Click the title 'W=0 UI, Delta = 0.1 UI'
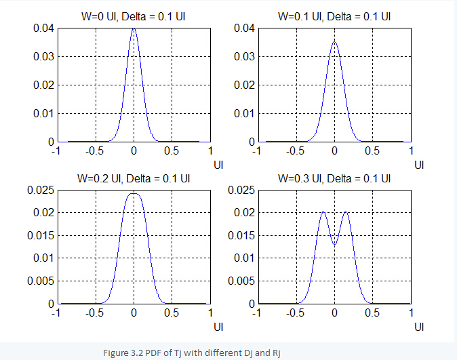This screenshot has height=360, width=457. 134,17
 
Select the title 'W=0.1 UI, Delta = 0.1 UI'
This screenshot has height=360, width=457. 334,17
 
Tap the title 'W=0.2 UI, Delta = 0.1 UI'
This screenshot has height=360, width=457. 134,179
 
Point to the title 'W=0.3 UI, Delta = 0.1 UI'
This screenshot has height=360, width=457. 334,179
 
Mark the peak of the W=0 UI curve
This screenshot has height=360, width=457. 134,29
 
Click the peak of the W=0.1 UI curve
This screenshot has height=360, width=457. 334,42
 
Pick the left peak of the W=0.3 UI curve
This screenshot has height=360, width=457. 323,213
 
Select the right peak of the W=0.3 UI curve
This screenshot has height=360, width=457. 346,213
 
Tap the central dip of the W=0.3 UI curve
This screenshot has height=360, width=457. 334,244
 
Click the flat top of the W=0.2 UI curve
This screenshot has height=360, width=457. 134,194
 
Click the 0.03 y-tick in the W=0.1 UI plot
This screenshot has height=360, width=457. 243,57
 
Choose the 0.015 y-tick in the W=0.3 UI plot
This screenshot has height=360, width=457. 241,235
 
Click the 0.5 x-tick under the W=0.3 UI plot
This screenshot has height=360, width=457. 372,313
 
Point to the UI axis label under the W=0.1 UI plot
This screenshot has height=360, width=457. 420,165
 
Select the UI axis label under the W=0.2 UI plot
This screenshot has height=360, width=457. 218,327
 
